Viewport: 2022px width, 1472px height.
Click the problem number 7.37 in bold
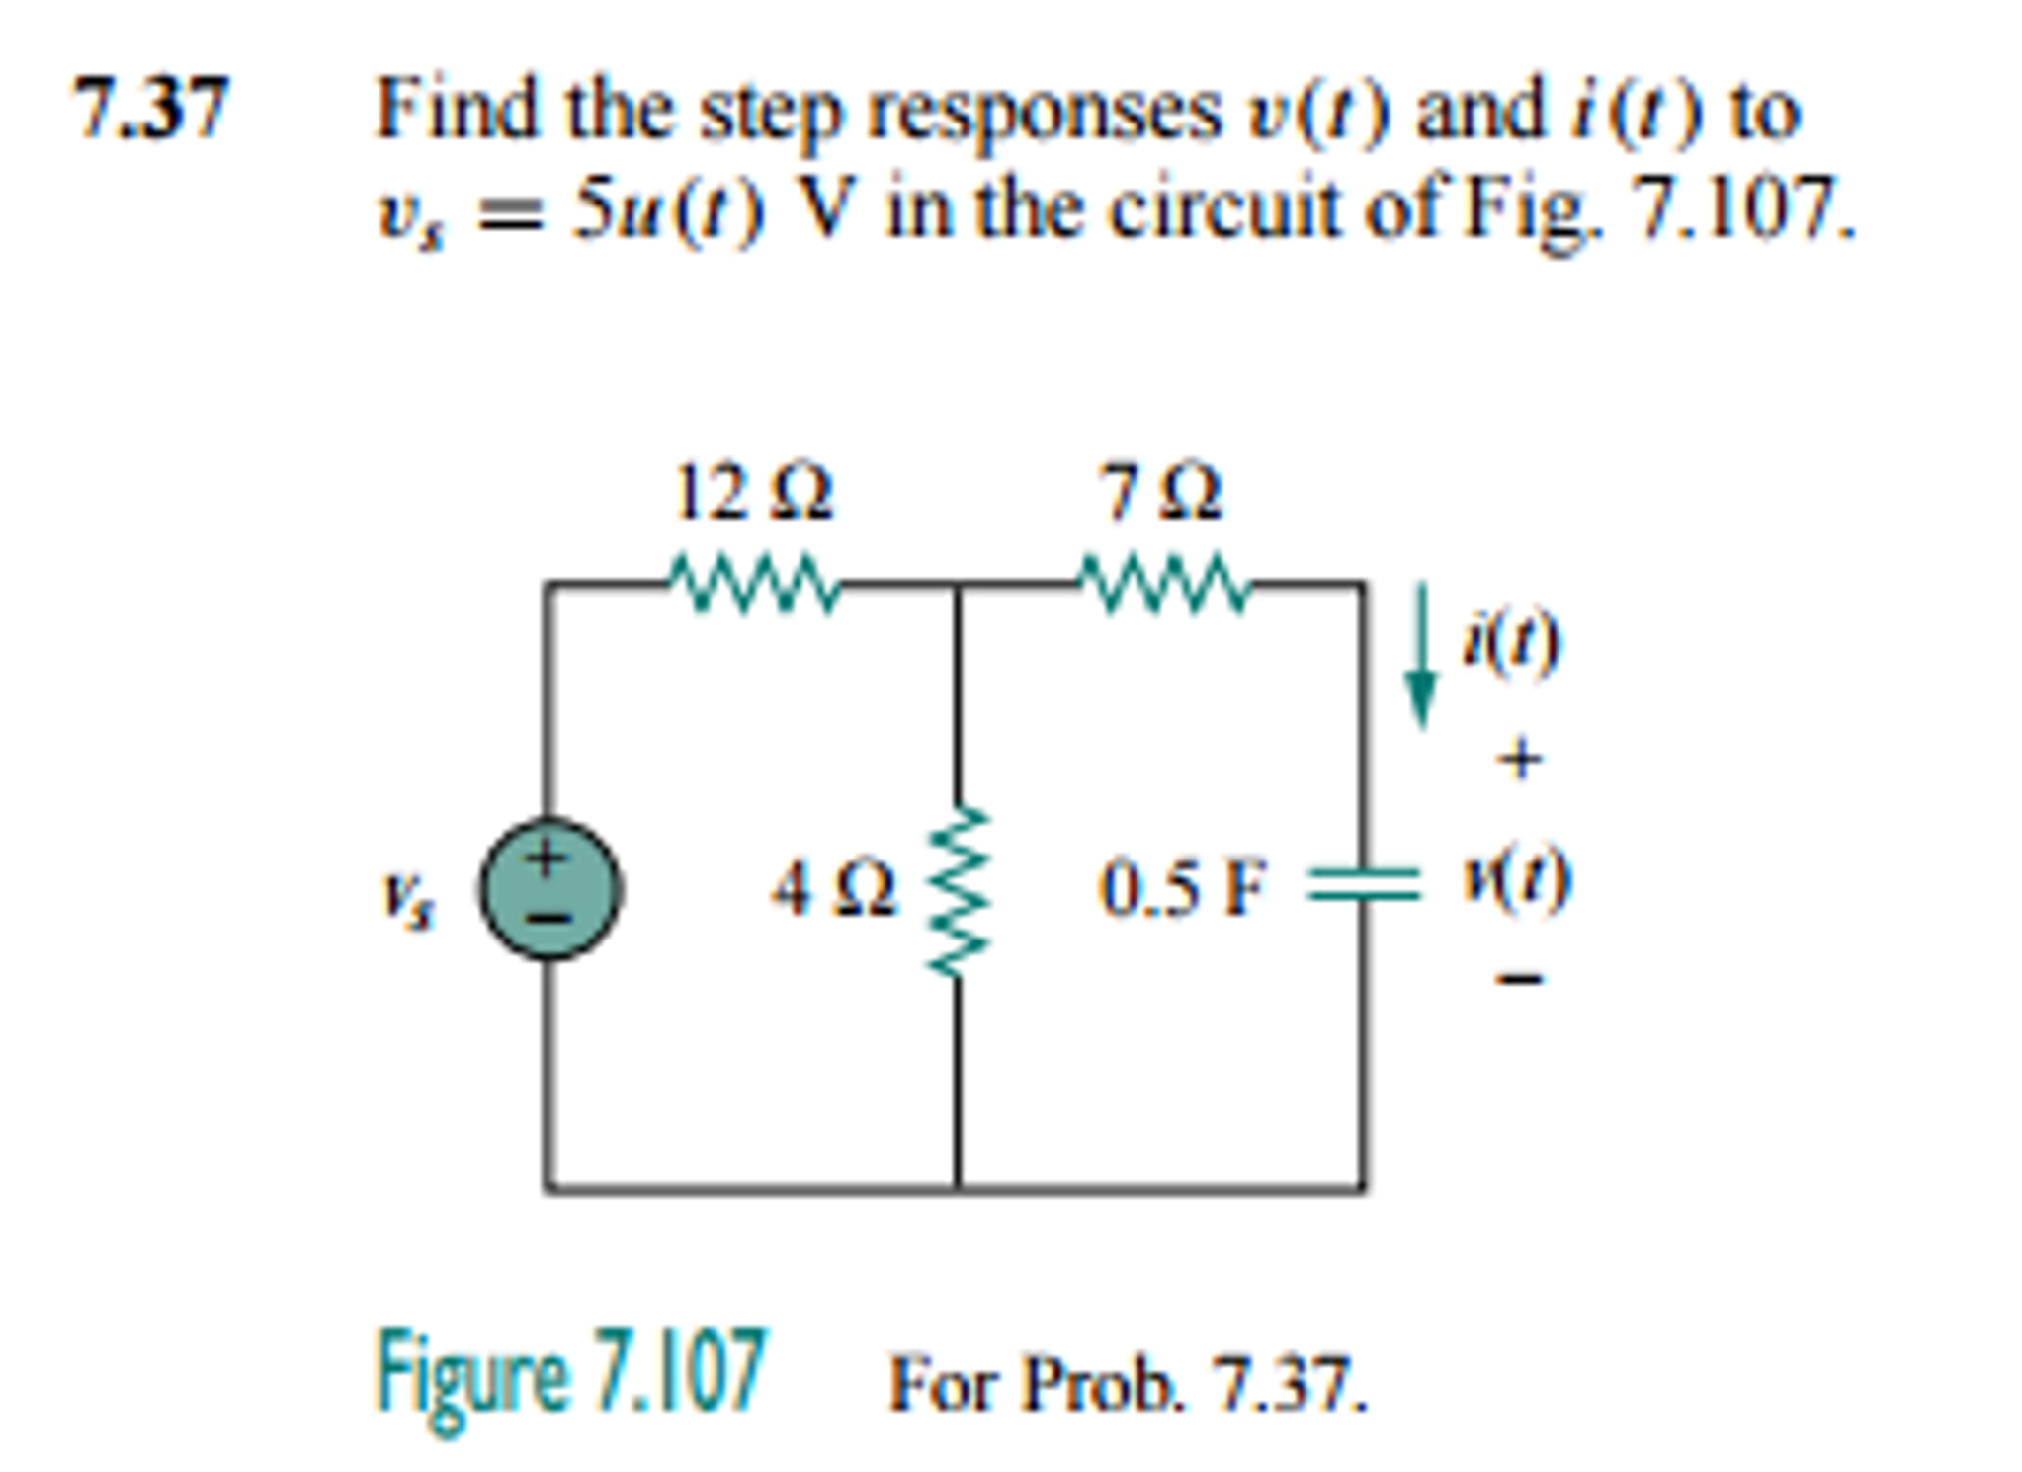click(151, 108)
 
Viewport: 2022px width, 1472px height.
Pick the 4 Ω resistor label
click(834, 888)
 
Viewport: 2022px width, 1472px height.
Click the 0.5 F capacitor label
click(1182, 888)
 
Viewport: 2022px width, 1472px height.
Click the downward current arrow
click(1421, 656)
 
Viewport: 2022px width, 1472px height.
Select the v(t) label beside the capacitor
click(1516, 879)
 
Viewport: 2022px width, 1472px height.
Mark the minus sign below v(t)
click(1519, 979)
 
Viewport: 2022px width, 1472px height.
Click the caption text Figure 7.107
click(571, 1373)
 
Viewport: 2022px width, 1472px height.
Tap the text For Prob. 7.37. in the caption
click(1128, 1382)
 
